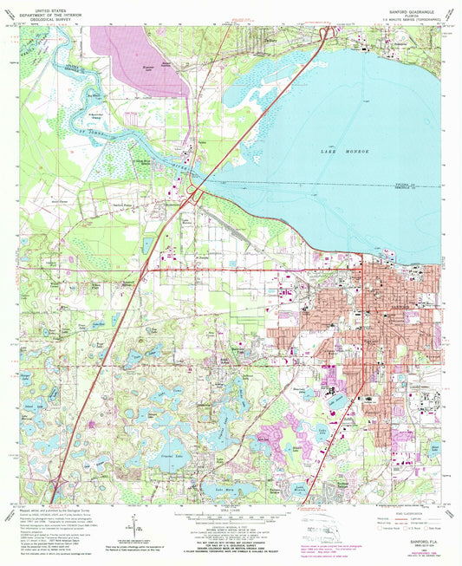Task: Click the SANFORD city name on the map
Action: click(x=392, y=308)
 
